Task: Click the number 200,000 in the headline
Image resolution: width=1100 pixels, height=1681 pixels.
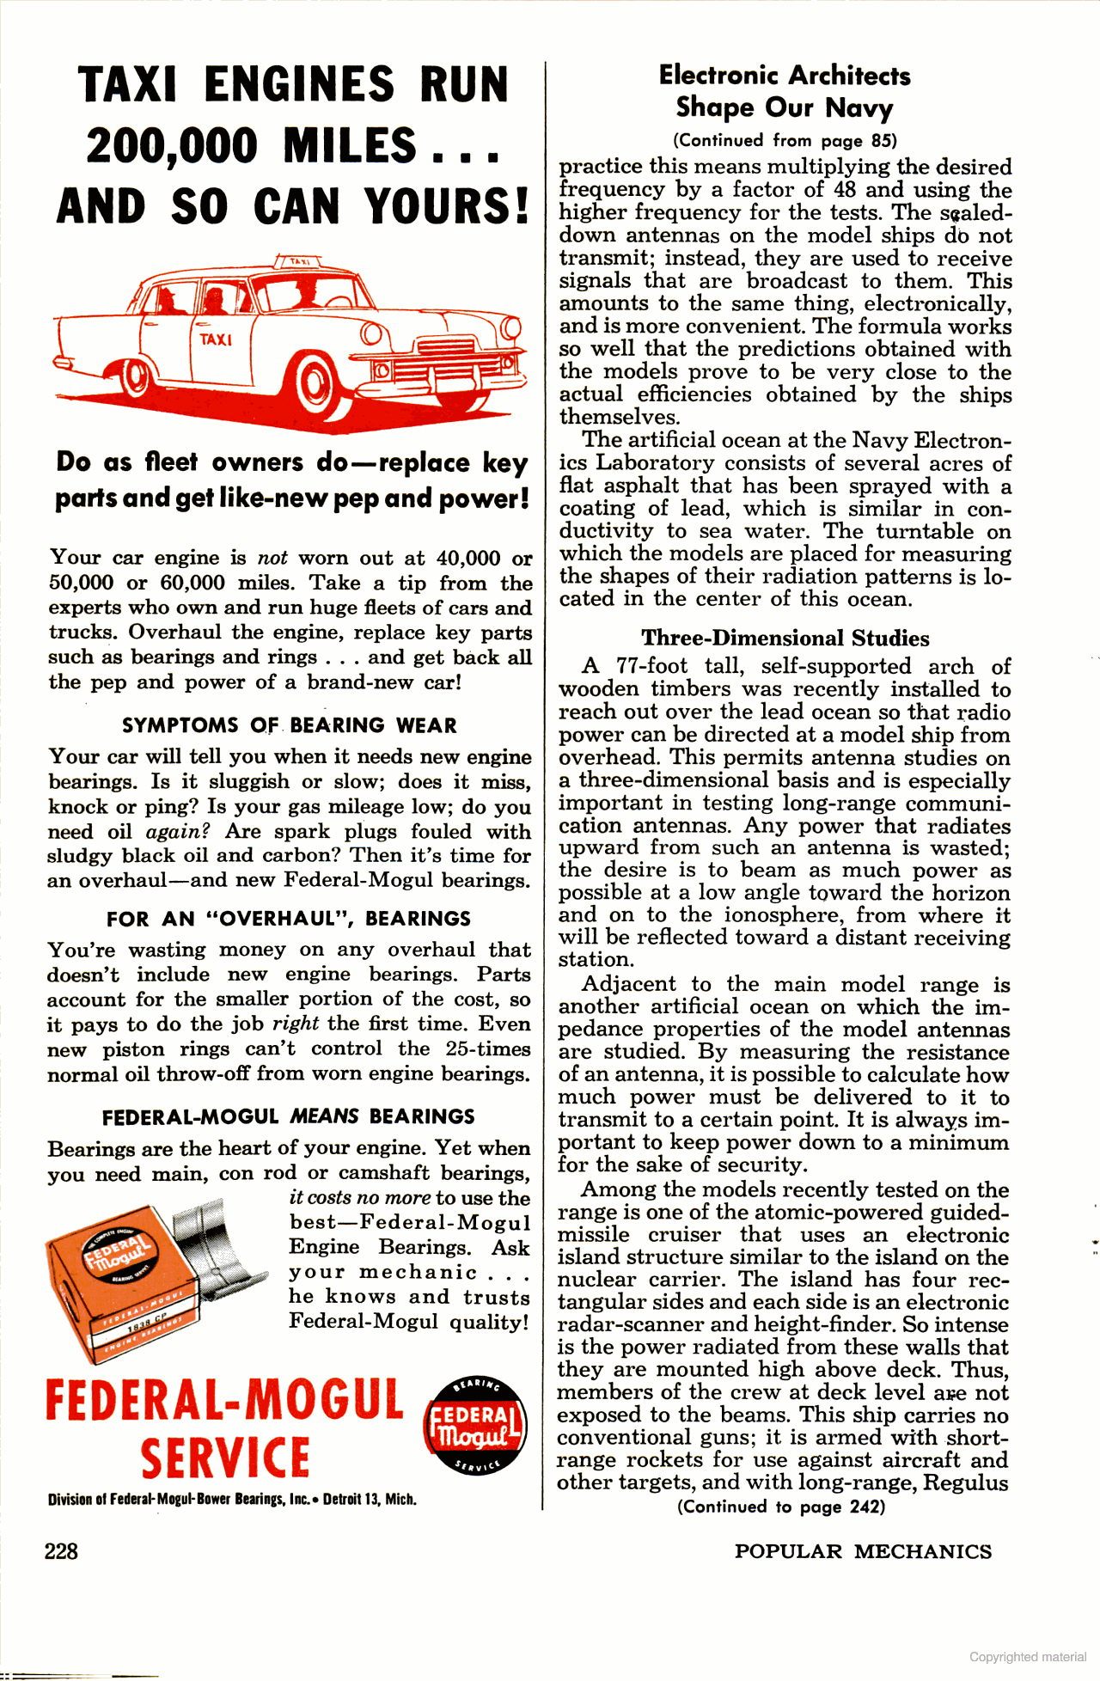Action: pos(172,146)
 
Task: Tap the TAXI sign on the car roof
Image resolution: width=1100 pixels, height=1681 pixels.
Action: pos(298,261)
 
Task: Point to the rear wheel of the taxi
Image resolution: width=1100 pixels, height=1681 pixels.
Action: pos(136,376)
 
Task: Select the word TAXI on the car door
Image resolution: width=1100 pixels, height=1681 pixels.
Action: pos(216,339)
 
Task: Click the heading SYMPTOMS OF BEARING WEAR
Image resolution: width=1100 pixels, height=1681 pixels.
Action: pos(290,725)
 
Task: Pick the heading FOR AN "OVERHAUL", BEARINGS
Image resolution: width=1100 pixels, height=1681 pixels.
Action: pos(289,919)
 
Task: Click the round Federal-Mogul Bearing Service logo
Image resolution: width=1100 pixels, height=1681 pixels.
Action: pos(474,1427)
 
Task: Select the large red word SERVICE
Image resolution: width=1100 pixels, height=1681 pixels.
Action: pos(225,1459)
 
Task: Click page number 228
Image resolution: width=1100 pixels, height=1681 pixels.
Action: pos(61,1551)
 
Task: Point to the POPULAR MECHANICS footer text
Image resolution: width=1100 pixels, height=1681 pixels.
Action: pos(863,1551)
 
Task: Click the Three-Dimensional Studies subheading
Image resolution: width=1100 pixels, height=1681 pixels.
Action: pos(785,639)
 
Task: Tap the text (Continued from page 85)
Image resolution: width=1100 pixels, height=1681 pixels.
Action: pos(785,140)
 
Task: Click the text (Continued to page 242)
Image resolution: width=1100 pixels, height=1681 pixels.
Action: pos(781,1507)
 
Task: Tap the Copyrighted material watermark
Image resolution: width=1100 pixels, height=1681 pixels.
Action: pos(1028,1656)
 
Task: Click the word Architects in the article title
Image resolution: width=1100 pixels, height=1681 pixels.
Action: pos(849,76)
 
